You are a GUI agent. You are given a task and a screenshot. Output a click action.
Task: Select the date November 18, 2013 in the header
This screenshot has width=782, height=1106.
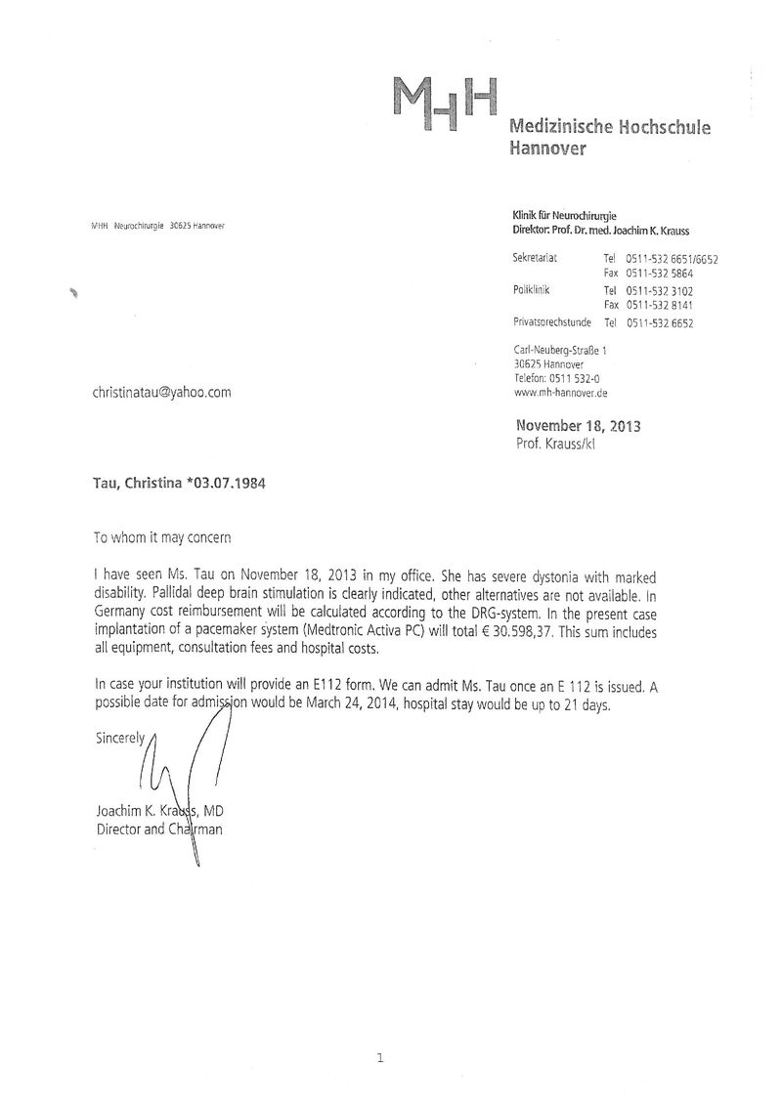click(578, 426)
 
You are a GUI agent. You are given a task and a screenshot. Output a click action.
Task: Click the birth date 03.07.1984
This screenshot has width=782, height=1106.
click(228, 483)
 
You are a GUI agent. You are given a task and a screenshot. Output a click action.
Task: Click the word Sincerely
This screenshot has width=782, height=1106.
click(120, 739)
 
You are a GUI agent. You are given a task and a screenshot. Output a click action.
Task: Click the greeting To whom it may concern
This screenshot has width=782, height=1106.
click(163, 537)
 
